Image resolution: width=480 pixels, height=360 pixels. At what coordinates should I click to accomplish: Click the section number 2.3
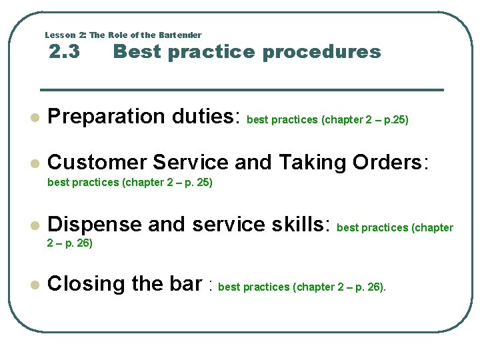tap(65, 51)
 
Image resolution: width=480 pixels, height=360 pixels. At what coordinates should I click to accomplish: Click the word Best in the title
tap(137, 51)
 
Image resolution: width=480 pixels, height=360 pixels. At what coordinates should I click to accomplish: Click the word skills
tap(297, 225)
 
